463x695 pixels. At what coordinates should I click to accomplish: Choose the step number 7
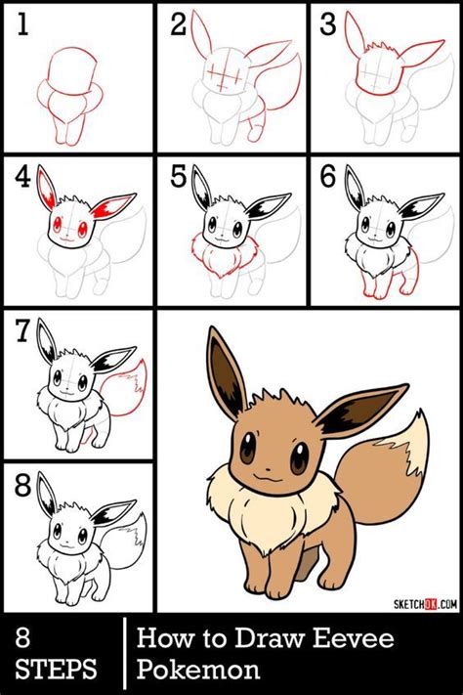coord(21,332)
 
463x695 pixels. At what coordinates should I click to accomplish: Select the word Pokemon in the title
coord(198,671)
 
